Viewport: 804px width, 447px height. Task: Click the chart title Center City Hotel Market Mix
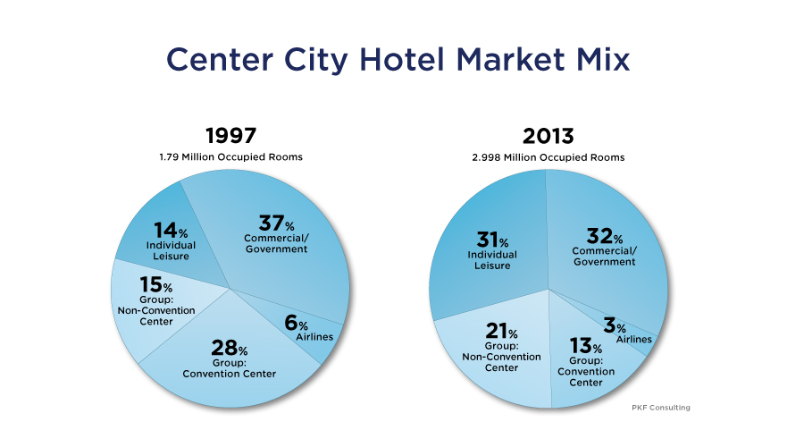(x=398, y=60)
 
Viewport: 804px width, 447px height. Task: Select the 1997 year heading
(x=230, y=136)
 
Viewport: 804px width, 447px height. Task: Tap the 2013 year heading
(x=549, y=136)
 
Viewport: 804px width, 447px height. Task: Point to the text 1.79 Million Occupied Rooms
(x=230, y=157)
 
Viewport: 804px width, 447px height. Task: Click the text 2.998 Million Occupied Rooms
(x=549, y=157)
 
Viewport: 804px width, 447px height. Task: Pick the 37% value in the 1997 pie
(x=276, y=223)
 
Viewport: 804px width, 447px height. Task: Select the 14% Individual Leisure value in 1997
(x=171, y=231)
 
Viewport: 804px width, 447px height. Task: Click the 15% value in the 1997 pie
(x=155, y=284)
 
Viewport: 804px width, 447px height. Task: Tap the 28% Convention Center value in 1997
(x=230, y=348)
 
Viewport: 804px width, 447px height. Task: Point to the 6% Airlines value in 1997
(x=297, y=323)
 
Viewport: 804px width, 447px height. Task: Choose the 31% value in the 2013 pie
(x=492, y=240)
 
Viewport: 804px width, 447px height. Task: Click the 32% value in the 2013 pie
(x=605, y=236)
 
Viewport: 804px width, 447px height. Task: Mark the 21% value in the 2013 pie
(x=501, y=331)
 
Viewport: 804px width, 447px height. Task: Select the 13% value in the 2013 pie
(x=585, y=345)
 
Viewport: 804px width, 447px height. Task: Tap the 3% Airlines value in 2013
(x=615, y=325)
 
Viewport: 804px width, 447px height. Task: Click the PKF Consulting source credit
(x=661, y=408)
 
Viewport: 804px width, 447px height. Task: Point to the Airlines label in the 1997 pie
(x=314, y=337)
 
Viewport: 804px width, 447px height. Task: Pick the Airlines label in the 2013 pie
(x=633, y=339)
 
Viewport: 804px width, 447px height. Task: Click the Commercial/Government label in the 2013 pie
(x=605, y=257)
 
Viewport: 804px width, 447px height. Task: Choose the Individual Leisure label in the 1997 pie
(x=171, y=251)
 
